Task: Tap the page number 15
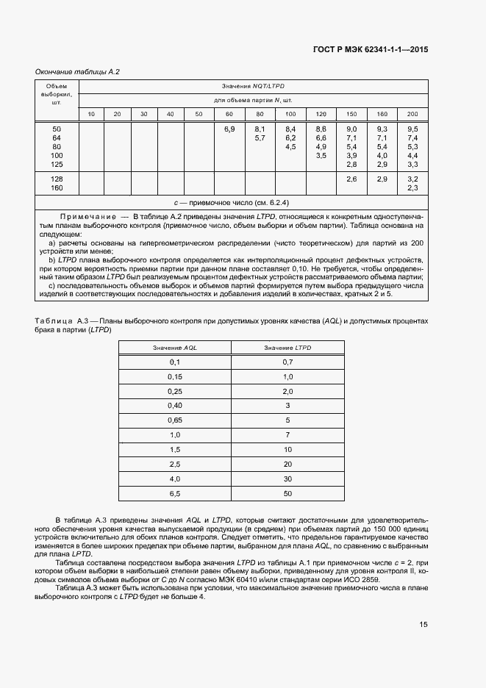click(424, 625)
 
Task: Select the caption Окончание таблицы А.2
click(77, 72)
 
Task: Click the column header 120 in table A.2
click(321, 114)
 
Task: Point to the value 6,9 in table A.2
click(229, 129)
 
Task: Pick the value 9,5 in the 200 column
click(412, 129)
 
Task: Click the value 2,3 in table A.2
click(412, 188)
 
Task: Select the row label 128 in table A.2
click(57, 179)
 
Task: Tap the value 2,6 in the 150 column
click(351, 179)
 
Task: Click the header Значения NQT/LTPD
click(254, 87)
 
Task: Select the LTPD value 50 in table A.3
click(287, 492)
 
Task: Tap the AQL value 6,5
click(175, 492)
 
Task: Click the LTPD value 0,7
click(287, 362)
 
